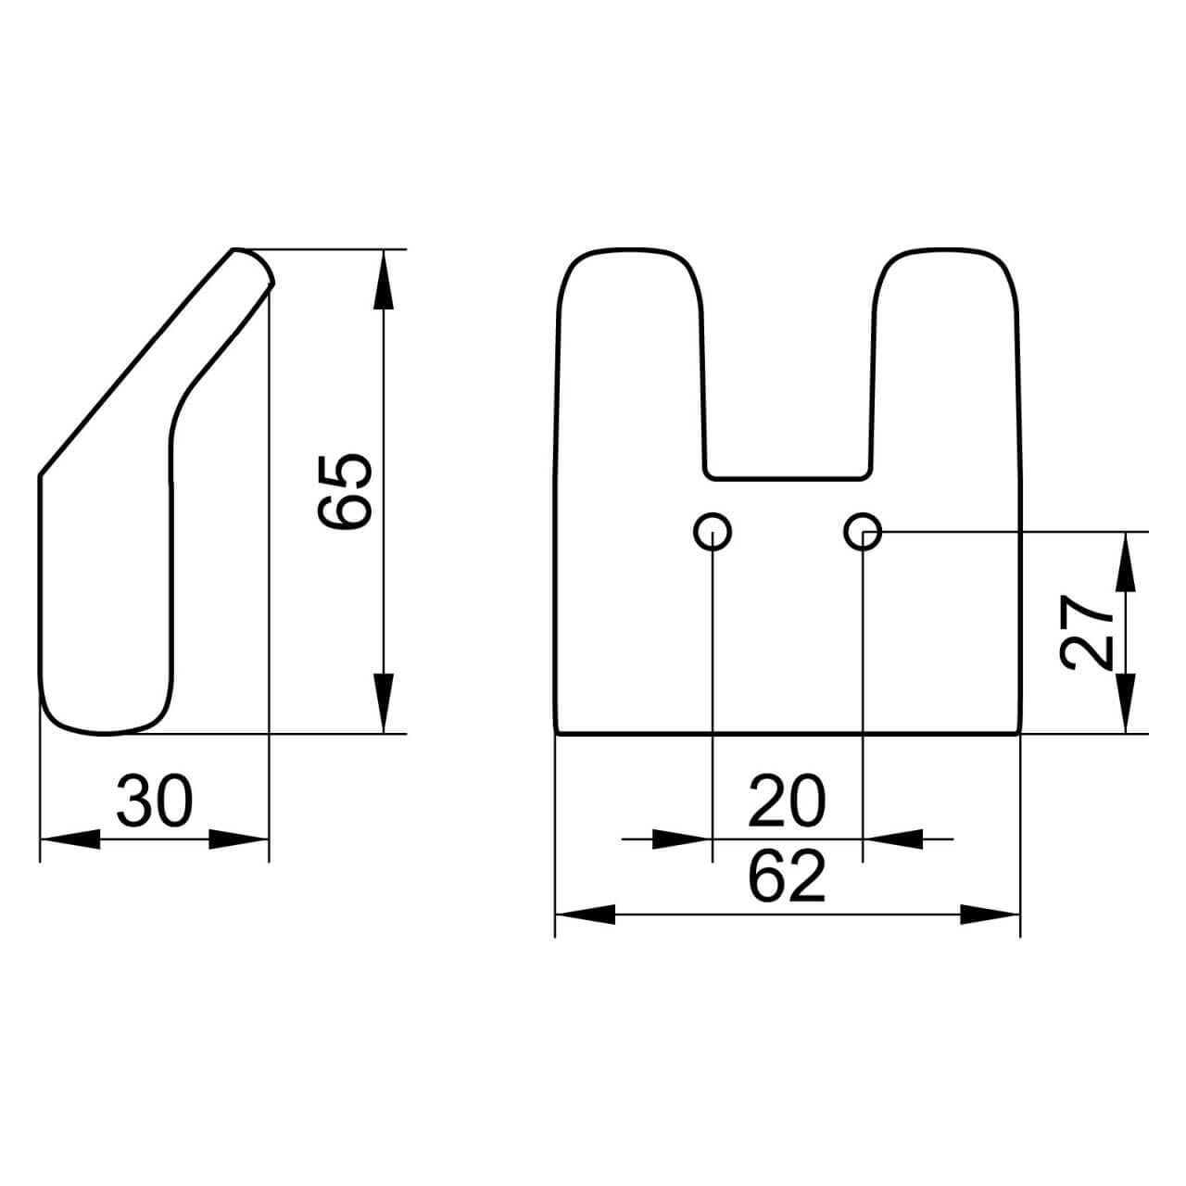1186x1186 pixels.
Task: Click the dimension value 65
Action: tap(345, 491)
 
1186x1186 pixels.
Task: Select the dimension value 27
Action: tap(1088, 632)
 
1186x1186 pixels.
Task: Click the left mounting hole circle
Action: tap(713, 531)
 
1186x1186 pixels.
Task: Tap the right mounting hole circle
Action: tap(863, 531)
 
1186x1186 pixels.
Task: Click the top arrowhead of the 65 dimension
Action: tap(384, 279)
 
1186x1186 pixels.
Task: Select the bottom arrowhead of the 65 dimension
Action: tap(384, 703)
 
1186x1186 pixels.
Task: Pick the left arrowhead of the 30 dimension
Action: tap(69, 839)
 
